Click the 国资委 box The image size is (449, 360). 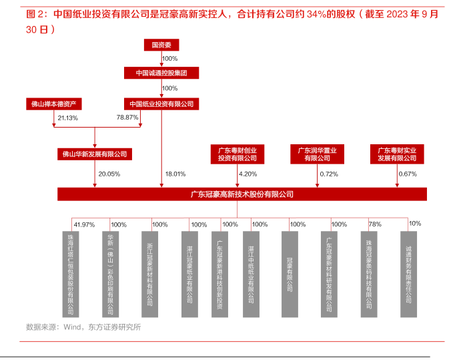click(161, 45)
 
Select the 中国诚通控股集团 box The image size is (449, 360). click(161, 73)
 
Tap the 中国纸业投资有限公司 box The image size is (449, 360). click(161, 104)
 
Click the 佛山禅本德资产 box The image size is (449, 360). click(54, 104)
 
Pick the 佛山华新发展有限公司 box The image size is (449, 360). click(95, 154)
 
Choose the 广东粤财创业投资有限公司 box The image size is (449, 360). click(238, 154)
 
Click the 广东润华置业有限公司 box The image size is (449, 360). click(318, 154)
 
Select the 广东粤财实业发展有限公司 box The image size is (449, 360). click(397, 154)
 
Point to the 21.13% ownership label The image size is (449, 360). click(68, 118)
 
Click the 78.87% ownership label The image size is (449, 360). click(127, 118)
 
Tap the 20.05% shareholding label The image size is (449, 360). click(109, 174)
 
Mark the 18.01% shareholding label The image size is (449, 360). click(175, 174)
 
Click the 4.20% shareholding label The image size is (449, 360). click(248, 174)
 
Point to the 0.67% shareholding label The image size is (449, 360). click(408, 174)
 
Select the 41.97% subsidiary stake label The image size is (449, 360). click(84, 224)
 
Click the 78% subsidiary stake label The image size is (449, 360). click(375, 224)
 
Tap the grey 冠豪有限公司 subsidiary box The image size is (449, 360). click(290, 275)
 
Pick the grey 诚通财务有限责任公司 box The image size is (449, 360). click(408, 275)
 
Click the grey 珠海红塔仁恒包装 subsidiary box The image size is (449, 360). click(71, 275)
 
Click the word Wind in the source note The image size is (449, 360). click(72, 327)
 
